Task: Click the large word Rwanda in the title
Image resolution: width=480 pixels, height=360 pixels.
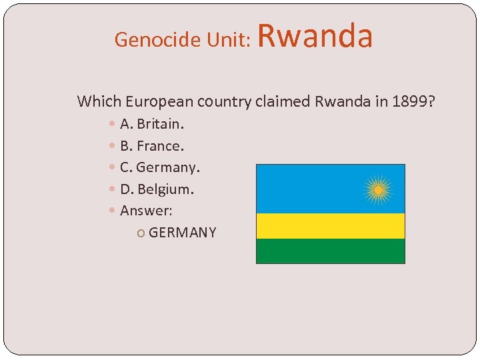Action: point(315,36)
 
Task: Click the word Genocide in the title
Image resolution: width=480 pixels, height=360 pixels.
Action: point(148,40)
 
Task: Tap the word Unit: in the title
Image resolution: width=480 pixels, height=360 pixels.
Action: point(227,40)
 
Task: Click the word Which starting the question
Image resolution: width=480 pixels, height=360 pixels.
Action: point(97,101)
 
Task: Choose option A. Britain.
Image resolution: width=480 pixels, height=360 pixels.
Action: point(152,124)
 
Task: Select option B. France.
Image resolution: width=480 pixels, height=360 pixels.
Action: point(151,145)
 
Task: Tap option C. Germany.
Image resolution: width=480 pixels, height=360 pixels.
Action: point(160,167)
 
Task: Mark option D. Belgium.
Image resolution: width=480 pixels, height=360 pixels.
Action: point(157,189)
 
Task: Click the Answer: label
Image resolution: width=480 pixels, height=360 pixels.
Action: point(146,211)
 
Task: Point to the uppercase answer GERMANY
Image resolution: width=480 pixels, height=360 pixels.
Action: point(183,233)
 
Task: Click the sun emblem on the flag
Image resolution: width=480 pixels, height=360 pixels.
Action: point(378,190)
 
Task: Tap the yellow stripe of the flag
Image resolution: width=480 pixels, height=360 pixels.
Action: point(331,226)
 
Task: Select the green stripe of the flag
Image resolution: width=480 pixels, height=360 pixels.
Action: point(331,251)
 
